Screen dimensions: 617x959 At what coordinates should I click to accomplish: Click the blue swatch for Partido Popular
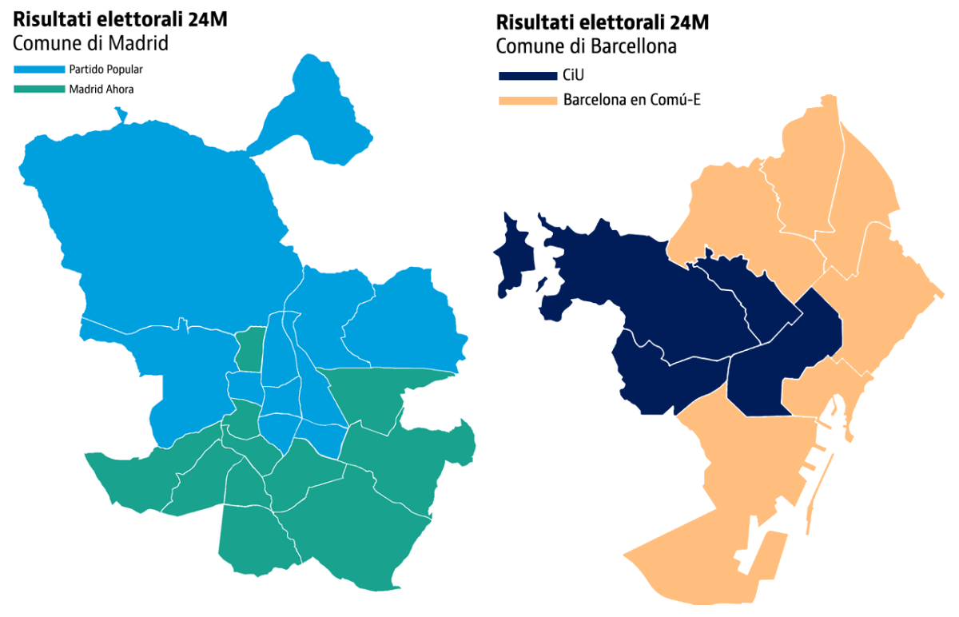click(39, 70)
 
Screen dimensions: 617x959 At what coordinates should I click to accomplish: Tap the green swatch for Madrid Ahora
click(39, 90)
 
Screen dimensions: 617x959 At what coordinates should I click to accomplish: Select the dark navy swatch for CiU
click(527, 76)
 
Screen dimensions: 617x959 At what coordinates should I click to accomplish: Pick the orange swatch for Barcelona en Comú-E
click(527, 101)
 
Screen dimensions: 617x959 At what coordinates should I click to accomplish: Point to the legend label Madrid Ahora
click(101, 90)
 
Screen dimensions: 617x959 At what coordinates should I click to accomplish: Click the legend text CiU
click(573, 76)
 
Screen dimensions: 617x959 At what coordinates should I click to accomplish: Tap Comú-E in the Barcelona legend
click(678, 101)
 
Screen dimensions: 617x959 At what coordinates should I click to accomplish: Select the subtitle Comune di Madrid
click(90, 43)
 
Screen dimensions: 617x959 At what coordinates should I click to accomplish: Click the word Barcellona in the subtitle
click(636, 46)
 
